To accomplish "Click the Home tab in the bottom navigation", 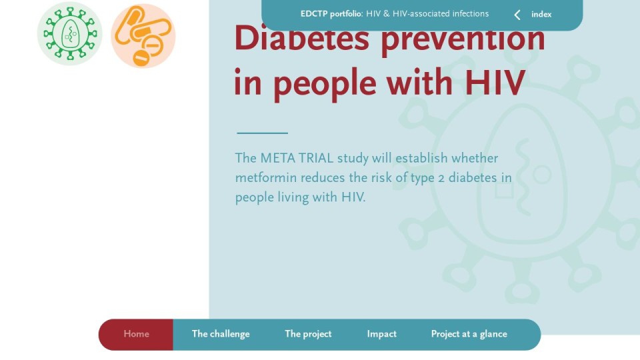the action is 136,334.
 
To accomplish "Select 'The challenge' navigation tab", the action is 221,334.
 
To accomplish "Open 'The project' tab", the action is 308,334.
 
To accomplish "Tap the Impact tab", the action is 381,334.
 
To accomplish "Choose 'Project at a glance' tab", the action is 469,334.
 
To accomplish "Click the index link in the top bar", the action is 541,14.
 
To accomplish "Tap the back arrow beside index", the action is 517,15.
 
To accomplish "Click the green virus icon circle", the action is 70,33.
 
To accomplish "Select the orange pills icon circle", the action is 143,36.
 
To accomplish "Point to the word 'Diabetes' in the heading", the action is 301,38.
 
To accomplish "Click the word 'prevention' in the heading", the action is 463,39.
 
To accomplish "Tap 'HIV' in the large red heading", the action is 495,83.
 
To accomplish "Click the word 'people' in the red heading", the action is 325,85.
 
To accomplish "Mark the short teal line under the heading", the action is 263,133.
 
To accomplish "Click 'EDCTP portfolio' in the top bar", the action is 331,14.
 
